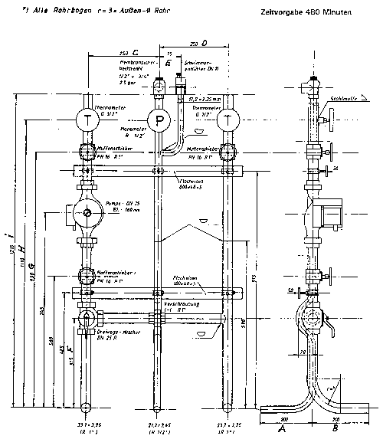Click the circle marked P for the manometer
159,122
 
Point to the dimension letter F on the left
70,349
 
